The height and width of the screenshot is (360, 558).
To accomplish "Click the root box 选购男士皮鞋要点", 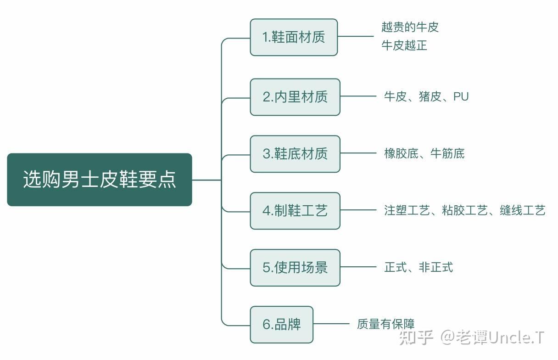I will click(99, 180).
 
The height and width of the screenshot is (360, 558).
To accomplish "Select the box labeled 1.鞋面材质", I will click(294, 37).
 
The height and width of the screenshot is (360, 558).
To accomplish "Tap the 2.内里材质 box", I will click(295, 97).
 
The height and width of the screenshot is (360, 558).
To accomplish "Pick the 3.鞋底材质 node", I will click(295, 154).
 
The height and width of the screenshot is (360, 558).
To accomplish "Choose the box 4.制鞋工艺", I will click(295, 211).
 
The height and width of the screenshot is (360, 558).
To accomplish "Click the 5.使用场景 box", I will click(295, 268).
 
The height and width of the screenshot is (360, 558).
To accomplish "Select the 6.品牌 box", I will click(281, 325).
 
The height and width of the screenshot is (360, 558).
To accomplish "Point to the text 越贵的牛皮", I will click(410, 27).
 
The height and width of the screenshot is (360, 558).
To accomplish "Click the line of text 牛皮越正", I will click(404, 45).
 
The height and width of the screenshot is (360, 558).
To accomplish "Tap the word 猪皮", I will click(430, 97).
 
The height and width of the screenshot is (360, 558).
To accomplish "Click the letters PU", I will click(461, 97).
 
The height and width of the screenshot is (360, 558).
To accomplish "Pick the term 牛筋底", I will click(447, 154).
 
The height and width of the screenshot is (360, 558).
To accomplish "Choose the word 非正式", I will click(435, 268).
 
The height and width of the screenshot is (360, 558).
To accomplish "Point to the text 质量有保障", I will click(385, 325).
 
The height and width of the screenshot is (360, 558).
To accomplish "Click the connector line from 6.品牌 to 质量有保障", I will click(331, 324).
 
